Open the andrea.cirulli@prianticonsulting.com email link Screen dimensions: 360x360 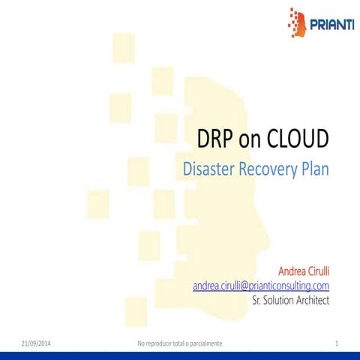(x=261, y=286)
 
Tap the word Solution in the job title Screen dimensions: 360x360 (x=274, y=300)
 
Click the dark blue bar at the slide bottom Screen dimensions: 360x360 (x=180, y=355)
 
